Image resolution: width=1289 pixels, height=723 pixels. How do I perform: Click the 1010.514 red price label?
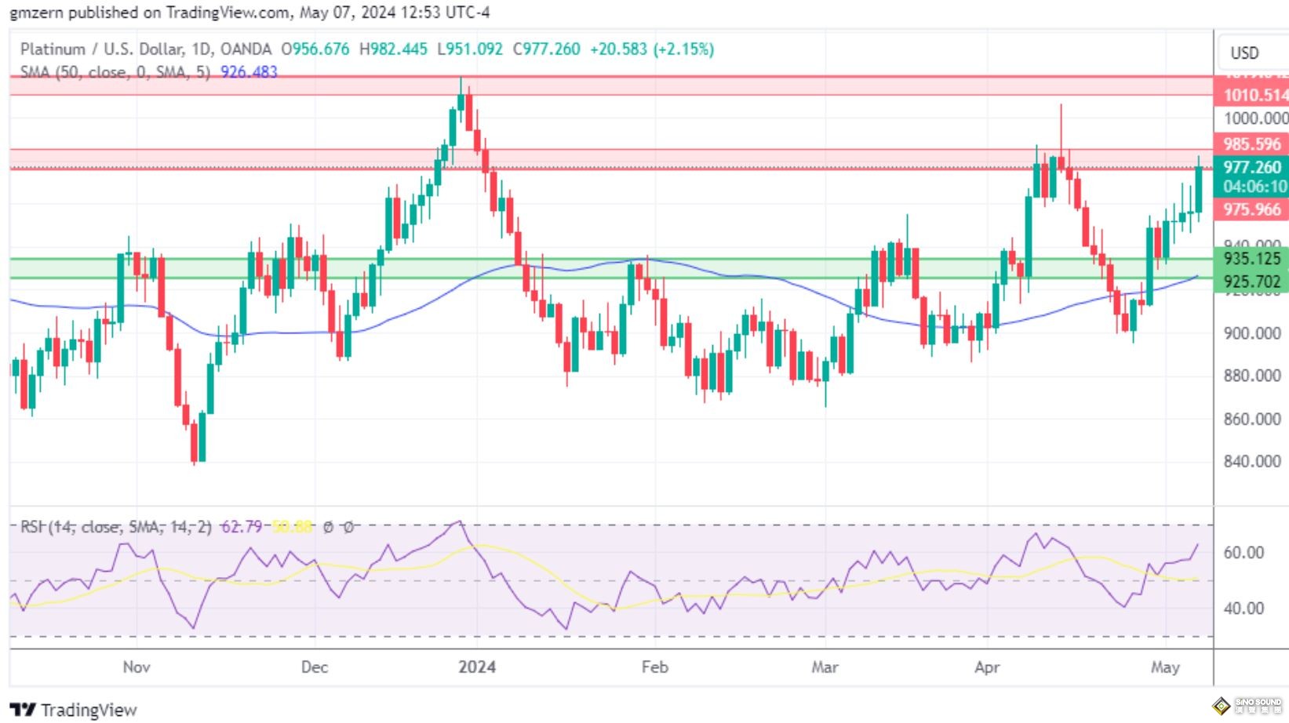tap(1253, 96)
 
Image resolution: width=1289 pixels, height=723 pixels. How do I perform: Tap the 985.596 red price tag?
tap(1252, 144)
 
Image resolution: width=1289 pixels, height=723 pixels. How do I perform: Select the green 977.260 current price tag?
tap(1252, 167)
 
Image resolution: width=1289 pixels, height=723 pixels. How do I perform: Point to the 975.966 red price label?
tap(1252, 209)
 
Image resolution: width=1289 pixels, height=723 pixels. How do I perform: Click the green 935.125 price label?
tap(1252, 258)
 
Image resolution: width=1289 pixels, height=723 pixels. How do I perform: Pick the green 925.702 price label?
tap(1252, 282)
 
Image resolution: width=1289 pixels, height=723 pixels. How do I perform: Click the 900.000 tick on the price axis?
tap(1252, 333)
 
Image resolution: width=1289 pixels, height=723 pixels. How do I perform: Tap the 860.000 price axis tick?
tap(1252, 419)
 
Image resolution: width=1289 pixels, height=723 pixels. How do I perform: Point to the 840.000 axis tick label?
tap(1252, 461)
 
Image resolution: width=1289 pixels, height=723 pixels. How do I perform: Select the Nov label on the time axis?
tap(137, 667)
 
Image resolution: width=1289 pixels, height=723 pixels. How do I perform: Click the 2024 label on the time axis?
tap(477, 667)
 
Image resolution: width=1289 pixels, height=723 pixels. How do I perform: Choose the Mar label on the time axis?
tap(825, 667)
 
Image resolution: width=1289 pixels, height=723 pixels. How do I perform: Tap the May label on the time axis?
tap(1165, 667)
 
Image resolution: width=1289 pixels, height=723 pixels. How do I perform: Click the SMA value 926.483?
tap(249, 72)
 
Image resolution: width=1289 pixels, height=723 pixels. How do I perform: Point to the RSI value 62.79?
tap(241, 526)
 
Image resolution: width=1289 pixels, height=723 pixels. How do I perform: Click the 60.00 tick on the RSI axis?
tap(1243, 553)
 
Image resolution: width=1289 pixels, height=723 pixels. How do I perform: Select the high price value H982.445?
tap(393, 49)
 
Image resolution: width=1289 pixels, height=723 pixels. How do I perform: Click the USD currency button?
tap(1244, 53)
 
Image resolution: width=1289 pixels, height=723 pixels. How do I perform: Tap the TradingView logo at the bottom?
tap(74, 710)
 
